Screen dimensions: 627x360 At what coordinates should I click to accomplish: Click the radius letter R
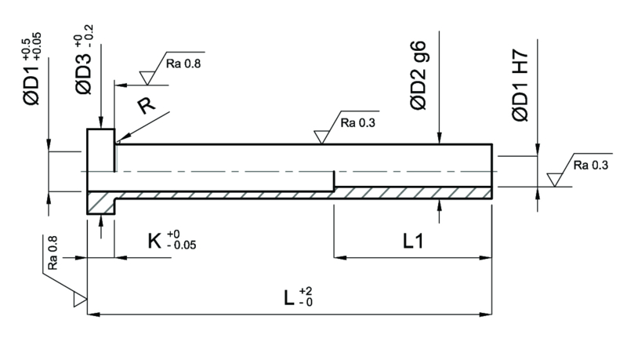[x=146, y=106]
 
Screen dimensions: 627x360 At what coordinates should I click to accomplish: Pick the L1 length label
[x=413, y=242]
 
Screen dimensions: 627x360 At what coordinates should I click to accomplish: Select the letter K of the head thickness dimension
[x=154, y=242]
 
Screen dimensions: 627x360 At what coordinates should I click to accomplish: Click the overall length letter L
[x=288, y=298]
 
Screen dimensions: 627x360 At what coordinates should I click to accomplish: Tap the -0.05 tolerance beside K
[x=182, y=245]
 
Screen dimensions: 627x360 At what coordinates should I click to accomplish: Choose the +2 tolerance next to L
[x=306, y=291]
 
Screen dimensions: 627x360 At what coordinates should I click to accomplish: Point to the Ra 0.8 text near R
[x=183, y=64]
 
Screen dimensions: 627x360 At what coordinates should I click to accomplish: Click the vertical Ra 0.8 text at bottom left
[x=53, y=253]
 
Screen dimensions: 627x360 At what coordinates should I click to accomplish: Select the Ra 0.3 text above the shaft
[x=358, y=123]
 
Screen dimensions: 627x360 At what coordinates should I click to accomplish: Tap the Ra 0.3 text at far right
[x=591, y=165]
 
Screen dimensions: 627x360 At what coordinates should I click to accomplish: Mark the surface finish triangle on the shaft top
[x=321, y=136]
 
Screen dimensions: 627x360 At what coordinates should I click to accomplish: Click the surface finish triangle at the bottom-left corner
[x=80, y=300]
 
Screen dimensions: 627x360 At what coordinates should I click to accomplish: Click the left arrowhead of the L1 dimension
[x=340, y=258]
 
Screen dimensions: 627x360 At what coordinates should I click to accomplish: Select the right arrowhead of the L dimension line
[x=485, y=315]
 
